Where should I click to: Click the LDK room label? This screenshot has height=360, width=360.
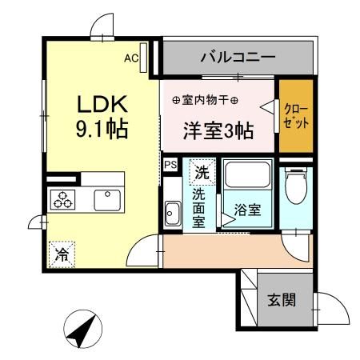click(102, 105)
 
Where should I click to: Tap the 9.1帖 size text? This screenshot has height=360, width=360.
click(102, 127)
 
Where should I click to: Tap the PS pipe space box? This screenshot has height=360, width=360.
click(170, 164)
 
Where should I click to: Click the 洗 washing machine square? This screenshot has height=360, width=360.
click(202, 170)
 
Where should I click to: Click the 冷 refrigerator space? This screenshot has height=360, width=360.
click(61, 255)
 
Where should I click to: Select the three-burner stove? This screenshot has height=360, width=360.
click(62, 201)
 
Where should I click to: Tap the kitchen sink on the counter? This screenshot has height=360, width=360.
click(106, 200)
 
